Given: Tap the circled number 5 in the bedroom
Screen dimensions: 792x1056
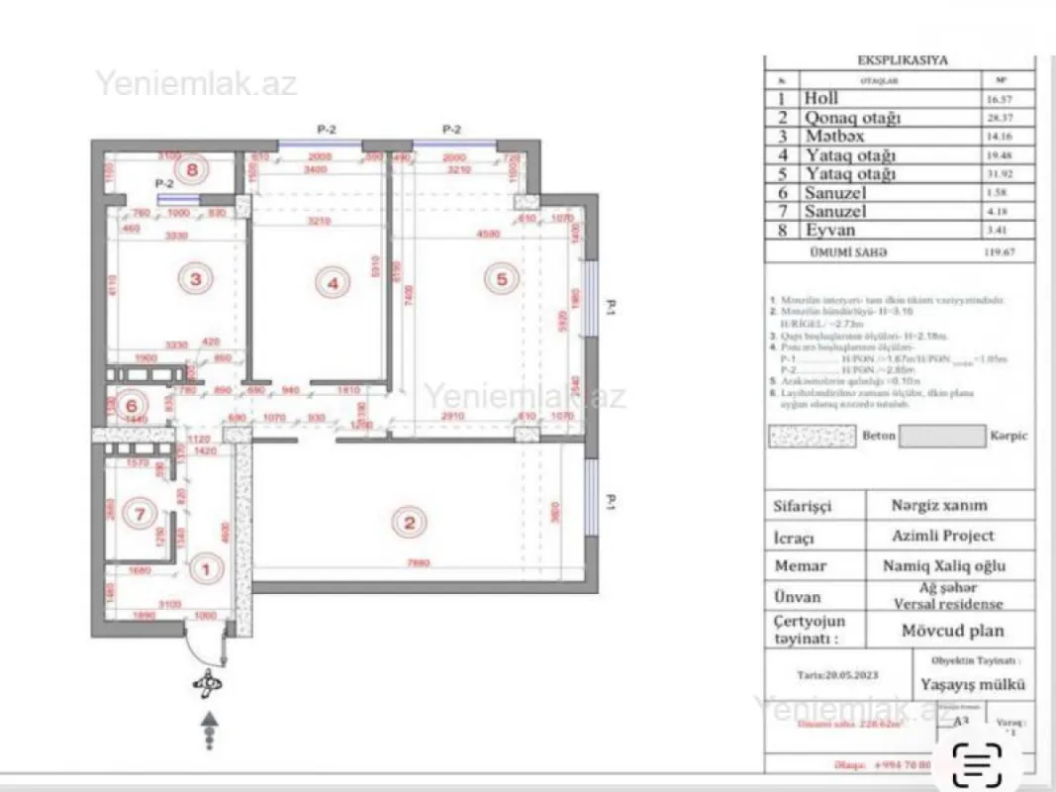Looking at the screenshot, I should coord(501,280).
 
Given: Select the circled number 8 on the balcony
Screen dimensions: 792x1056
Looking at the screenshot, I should coord(194,168).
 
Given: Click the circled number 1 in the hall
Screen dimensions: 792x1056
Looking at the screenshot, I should coord(206,568).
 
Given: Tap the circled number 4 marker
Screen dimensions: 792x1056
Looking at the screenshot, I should coord(333,283).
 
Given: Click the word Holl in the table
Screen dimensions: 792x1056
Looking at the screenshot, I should coord(821,98).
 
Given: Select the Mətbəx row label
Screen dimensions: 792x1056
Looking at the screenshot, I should coord(829,136).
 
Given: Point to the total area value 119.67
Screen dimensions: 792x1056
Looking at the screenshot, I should coord(996,251).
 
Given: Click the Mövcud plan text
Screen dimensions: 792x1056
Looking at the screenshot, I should coord(951,630).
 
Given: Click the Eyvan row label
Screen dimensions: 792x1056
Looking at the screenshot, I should coord(828,231).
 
